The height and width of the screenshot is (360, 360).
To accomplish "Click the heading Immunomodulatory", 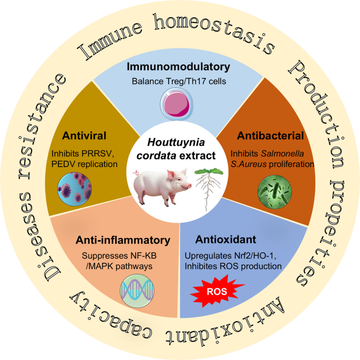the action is [x=178, y=67].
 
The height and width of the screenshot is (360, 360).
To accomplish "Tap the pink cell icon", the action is [x=177, y=105].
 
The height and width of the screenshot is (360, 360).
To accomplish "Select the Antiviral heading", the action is [x=84, y=136].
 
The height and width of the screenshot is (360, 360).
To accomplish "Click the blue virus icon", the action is [x=75, y=189].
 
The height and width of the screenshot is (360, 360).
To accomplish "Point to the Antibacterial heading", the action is [x=270, y=136].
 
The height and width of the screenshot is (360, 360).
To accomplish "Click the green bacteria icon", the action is [x=275, y=192].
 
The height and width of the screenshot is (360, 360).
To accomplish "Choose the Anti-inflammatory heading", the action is [x=123, y=240].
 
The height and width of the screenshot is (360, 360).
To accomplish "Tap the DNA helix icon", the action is [x=137, y=291].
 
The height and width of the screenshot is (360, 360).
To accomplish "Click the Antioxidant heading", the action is [x=225, y=240].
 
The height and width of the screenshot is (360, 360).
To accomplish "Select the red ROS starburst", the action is [x=217, y=291].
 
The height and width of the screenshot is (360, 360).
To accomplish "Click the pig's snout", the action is [x=189, y=186].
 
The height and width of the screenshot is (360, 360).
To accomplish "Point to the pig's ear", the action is [x=171, y=175].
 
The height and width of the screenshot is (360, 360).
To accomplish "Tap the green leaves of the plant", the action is [x=209, y=171].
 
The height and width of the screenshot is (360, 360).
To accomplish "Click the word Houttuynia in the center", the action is [x=176, y=142].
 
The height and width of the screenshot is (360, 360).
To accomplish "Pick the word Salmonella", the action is [x=282, y=153].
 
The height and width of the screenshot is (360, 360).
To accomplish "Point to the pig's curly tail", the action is [x=137, y=172].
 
